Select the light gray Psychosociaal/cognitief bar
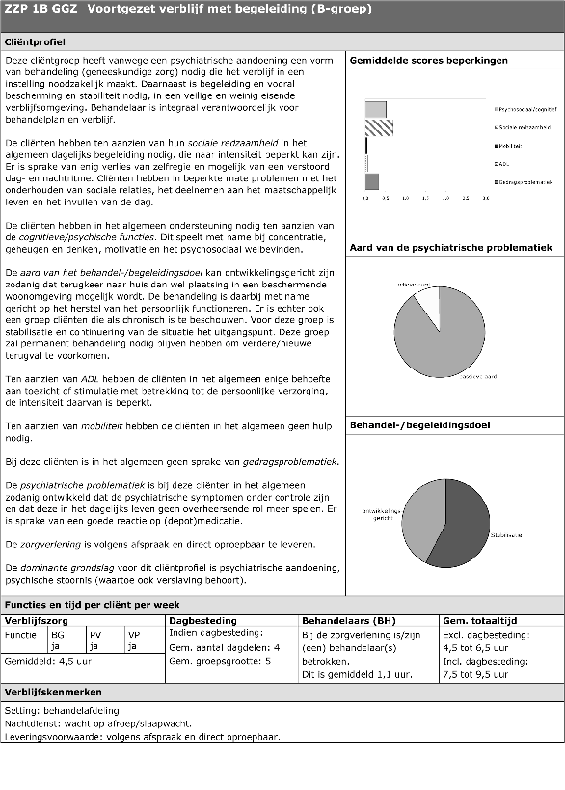pyautogui.click(x=376, y=109)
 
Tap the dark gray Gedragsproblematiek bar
pyautogui.click(x=372, y=180)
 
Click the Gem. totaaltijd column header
pyautogui.click(x=480, y=620)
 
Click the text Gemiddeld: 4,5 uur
pyautogui.click(x=41, y=662)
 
